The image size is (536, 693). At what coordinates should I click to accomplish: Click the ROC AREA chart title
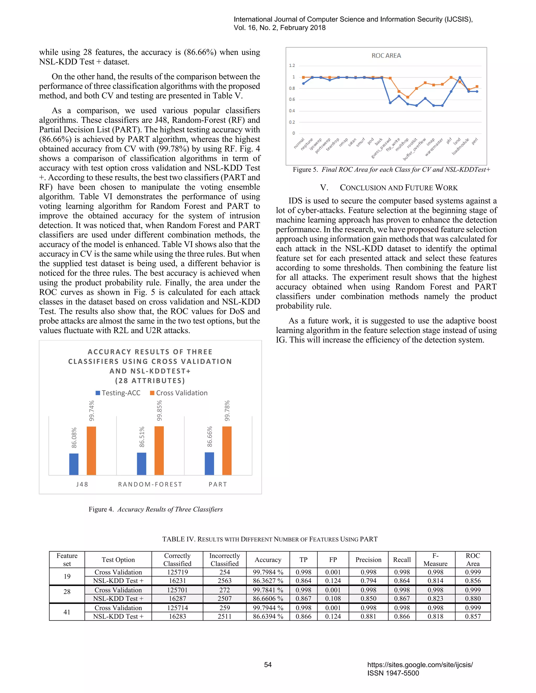[x=386, y=55]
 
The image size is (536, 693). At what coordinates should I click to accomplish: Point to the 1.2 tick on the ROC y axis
[x=292, y=66]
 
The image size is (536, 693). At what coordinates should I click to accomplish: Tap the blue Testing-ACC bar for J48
[x=74, y=464]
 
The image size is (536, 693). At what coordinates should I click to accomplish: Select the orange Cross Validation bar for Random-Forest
[x=159, y=451]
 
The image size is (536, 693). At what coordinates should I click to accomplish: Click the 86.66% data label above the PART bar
[x=210, y=437]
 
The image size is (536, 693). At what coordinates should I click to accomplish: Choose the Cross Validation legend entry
[x=179, y=393]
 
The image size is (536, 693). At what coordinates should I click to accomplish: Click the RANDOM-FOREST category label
[x=150, y=484]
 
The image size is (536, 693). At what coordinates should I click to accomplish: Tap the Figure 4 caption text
[x=156, y=509]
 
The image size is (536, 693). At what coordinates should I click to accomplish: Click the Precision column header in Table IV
[x=368, y=560]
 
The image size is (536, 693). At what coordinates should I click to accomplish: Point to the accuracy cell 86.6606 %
[x=268, y=598]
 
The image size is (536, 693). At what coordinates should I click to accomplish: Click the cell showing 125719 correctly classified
[x=177, y=572]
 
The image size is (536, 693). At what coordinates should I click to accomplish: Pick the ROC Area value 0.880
[x=473, y=598]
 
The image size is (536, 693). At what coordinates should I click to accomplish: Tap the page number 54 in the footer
[x=268, y=665]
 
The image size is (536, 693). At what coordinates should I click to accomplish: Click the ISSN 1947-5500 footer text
[x=393, y=673]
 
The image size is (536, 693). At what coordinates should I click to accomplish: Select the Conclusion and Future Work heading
[x=389, y=188]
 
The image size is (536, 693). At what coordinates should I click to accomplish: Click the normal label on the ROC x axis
[x=299, y=143]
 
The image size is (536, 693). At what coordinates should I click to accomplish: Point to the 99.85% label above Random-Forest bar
[x=159, y=410]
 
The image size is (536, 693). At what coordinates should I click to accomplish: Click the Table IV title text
[x=270, y=539]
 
